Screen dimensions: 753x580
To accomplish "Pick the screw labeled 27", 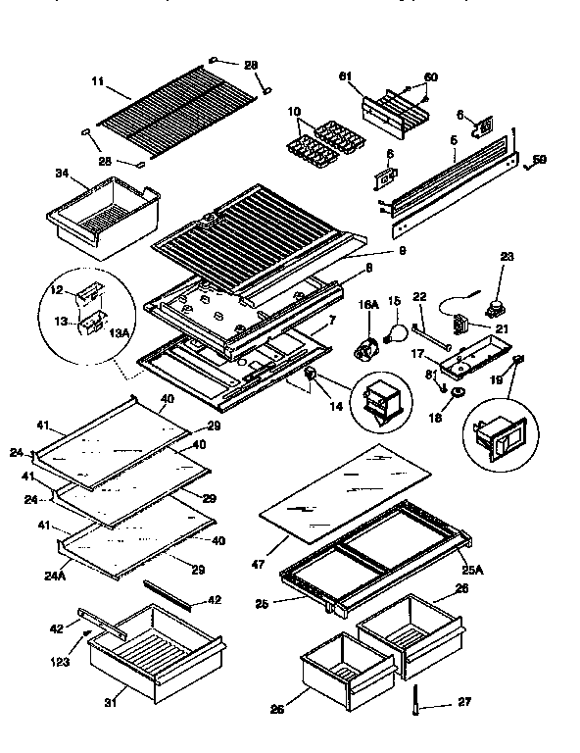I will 416,702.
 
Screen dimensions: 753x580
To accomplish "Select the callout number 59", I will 539,160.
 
